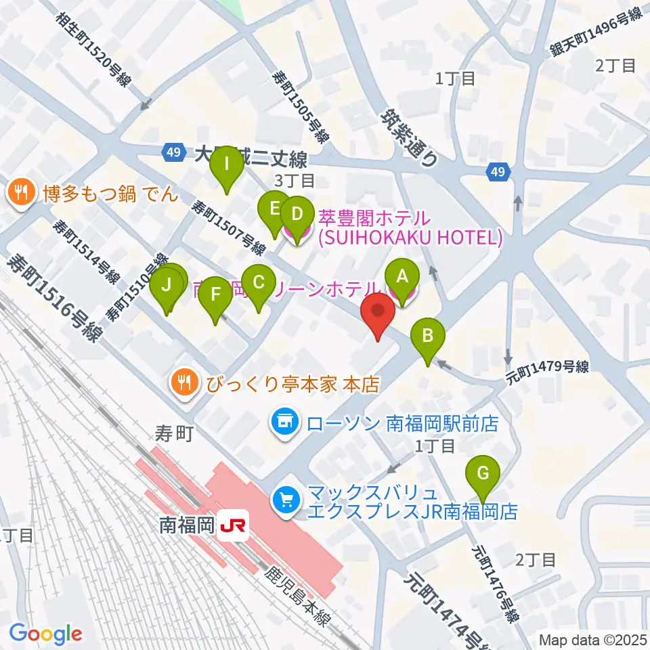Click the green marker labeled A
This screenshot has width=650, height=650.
pyautogui.click(x=402, y=277)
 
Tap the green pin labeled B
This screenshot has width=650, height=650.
pyautogui.click(x=428, y=337)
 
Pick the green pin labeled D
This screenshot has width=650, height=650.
pyautogui.click(x=296, y=215)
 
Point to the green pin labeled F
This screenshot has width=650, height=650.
pyautogui.click(x=215, y=296)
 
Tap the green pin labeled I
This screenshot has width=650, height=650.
pyautogui.click(x=227, y=165)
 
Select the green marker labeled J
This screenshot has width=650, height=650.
pyautogui.click(x=168, y=286)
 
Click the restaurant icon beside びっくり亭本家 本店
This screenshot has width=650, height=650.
pyautogui.click(x=184, y=384)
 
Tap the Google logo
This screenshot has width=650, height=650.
pyautogui.click(x=46, y=634)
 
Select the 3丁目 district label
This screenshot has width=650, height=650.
pyautogui.click(x=294, y=181)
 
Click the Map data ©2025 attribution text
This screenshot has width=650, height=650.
pyautogui.click(x=592, y=639)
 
